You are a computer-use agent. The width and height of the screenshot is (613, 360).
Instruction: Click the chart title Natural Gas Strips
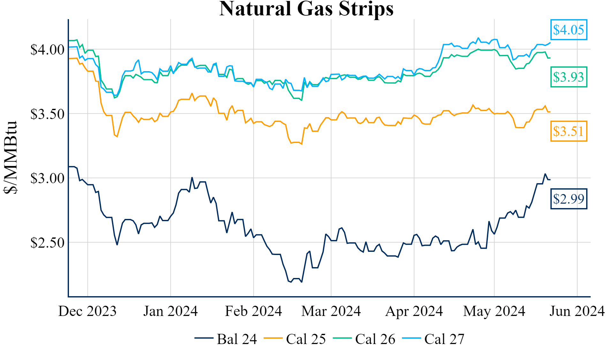(306, 9)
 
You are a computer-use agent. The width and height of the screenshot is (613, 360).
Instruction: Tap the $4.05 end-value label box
(569, 30)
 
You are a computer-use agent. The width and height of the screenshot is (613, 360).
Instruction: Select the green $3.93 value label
(569, 77)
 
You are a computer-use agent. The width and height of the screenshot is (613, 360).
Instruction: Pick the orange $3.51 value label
(569, 131)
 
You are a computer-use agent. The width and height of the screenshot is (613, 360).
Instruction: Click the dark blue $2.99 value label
(569, 199)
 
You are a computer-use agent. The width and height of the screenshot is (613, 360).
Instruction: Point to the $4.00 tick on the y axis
(47, 50)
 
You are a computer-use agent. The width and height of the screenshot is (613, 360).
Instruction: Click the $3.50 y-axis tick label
(47, 114)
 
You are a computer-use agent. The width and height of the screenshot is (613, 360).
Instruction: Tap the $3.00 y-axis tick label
(47, 178)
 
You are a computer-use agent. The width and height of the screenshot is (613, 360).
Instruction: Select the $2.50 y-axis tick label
(47, 243)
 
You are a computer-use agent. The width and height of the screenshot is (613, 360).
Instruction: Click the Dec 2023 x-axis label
(87, 311)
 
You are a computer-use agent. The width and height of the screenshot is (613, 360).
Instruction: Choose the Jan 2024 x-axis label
(170, 311)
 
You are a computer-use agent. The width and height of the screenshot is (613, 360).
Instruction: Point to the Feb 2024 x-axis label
(254, 311)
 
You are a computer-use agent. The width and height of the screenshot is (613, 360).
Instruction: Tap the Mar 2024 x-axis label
(331, 311)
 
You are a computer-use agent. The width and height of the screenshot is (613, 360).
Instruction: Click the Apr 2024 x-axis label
(414, 311)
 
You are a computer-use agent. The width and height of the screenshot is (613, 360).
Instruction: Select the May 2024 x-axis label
(494, 311)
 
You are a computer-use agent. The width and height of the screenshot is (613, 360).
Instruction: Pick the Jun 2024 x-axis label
(577, 311)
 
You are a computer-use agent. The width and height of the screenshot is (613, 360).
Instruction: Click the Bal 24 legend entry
(226, 339)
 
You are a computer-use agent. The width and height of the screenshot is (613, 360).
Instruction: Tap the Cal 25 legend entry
(295, 339)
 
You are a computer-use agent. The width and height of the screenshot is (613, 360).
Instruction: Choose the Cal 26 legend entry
(364, 339)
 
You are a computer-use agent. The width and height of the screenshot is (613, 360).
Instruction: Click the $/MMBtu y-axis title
(10, 158)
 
